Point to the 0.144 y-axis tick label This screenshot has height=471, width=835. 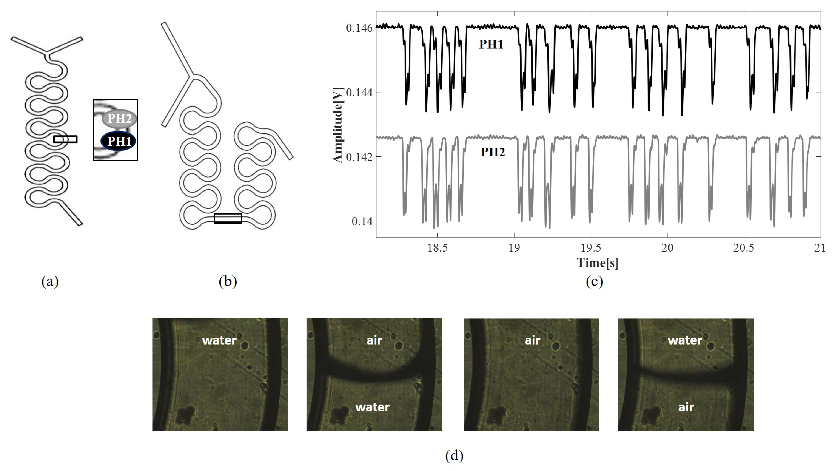click(359, 93)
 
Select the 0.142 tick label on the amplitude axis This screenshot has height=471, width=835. click(359, 157)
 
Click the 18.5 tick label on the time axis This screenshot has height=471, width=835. click(437, 248)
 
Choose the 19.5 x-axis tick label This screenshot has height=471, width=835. click(591, 248)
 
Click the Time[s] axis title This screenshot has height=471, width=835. click(597, 263)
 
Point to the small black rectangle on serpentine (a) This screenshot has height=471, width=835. click(65, 139)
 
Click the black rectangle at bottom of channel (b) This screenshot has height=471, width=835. click(228, 218)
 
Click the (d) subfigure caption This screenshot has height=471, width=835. click(454, 456)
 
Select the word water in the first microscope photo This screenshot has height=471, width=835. click(219, 340)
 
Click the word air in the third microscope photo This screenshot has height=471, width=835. click(532, 340)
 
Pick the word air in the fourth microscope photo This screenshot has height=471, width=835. click(686, 407)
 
